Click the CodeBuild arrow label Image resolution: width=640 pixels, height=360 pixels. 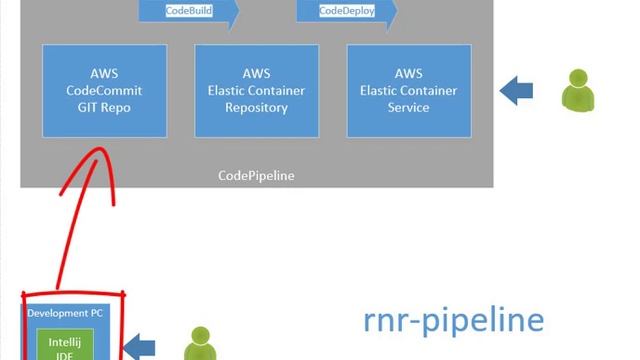[188, 10]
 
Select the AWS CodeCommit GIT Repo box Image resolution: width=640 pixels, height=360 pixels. [103, 90]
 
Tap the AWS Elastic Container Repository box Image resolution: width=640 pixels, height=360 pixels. [255, 90]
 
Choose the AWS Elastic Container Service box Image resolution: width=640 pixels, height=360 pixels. [408, 90]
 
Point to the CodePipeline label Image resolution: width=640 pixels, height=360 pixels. [256, 175]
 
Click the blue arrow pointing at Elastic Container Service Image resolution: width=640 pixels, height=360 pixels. [516, 90]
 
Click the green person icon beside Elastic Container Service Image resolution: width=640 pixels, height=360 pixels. [577, 90]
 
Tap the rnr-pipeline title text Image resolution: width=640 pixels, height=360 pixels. [453, 320]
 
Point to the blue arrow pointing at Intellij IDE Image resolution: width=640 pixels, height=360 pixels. [139, 347]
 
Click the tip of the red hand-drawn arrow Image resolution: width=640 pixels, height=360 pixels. [100, 153]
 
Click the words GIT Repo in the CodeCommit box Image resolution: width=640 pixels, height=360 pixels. [103, 107]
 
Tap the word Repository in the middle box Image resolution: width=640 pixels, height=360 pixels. [255, 107]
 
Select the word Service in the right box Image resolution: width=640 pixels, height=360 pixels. [408, 107]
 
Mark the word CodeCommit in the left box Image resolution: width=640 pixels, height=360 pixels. [103, 90]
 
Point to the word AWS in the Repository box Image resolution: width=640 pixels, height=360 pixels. [255, 74]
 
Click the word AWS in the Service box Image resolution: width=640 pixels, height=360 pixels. [408, 74]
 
